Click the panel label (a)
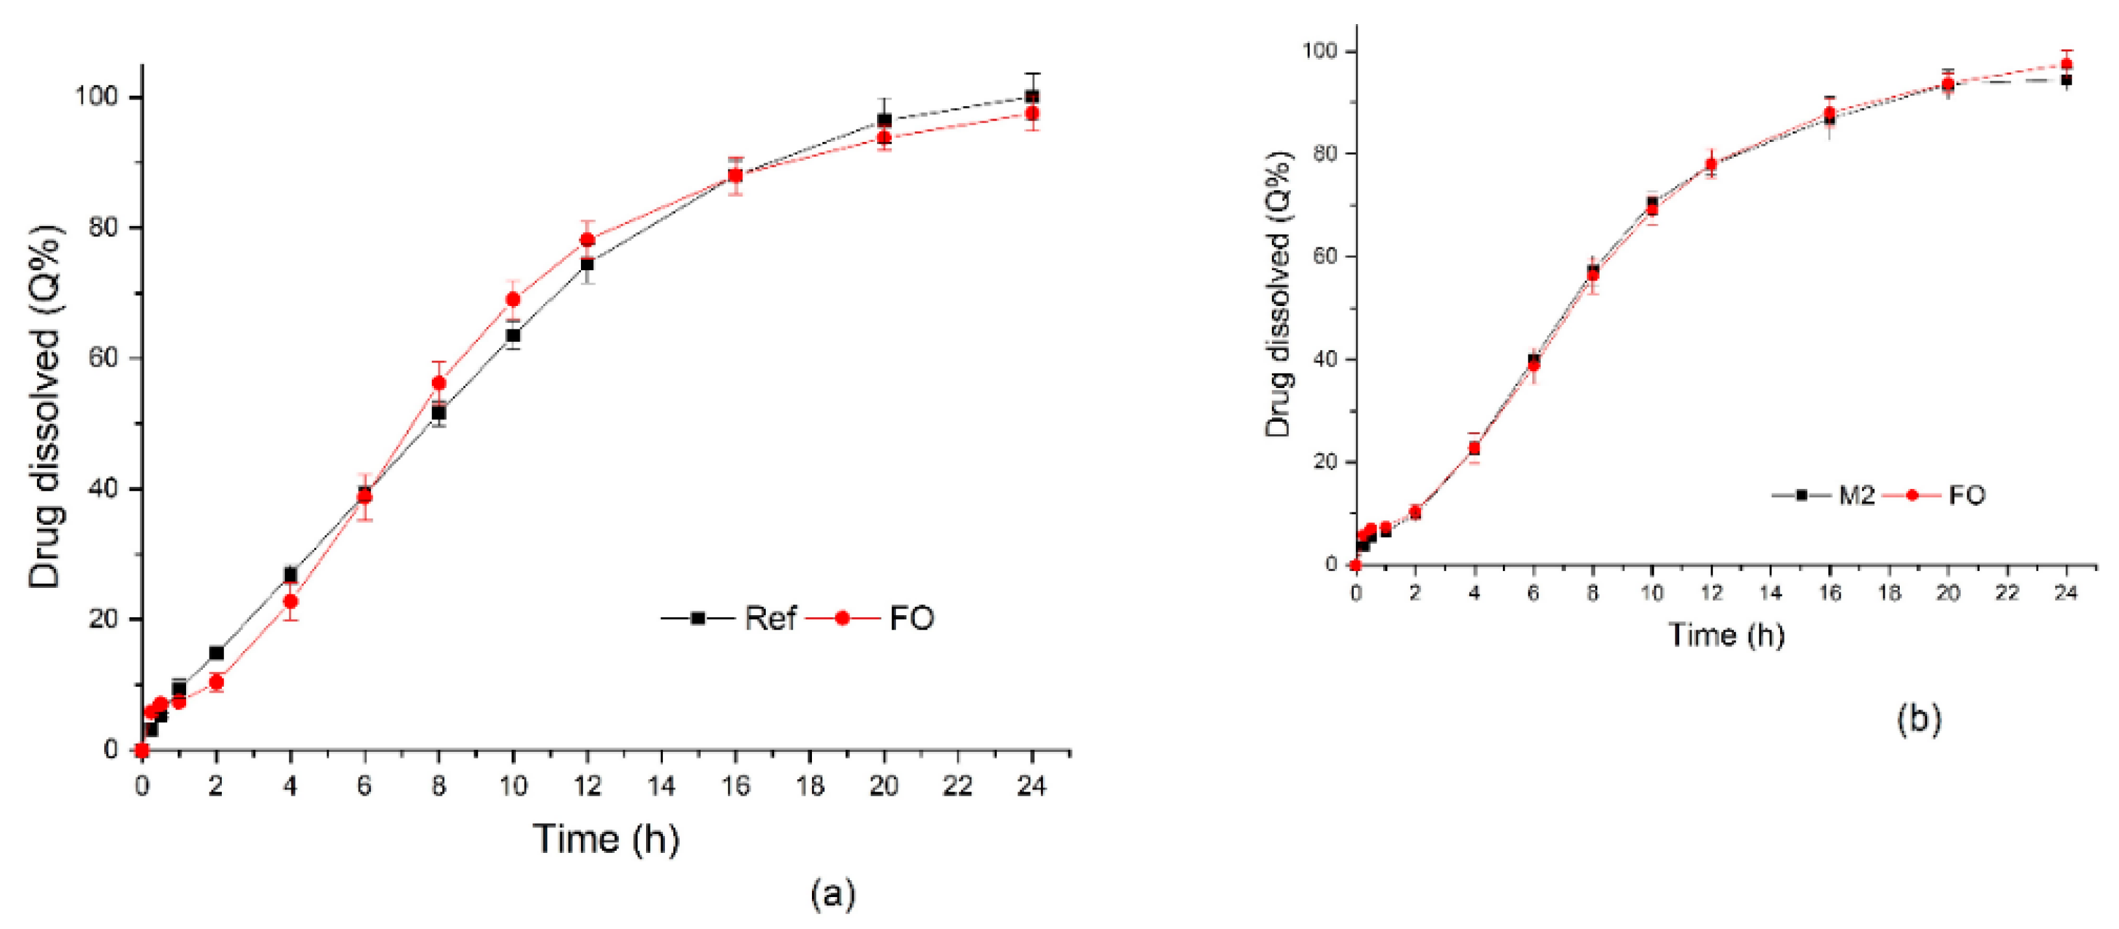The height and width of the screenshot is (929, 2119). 833,893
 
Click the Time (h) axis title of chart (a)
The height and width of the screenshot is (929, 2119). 606,839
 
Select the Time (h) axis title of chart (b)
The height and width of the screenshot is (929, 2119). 1726,635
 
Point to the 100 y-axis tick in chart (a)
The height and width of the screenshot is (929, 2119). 98,97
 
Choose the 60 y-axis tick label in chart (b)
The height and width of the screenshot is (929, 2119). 1319,257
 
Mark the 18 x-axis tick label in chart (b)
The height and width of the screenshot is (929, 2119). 1889,593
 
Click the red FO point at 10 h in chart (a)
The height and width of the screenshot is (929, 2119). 513,299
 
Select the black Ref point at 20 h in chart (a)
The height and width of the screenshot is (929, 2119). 884,120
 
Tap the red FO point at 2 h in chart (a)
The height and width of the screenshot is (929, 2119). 217,682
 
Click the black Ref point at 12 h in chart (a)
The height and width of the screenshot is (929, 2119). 586,264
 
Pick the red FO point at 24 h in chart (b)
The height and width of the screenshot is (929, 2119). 2066,64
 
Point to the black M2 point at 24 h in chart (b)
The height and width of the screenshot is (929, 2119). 2066,80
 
